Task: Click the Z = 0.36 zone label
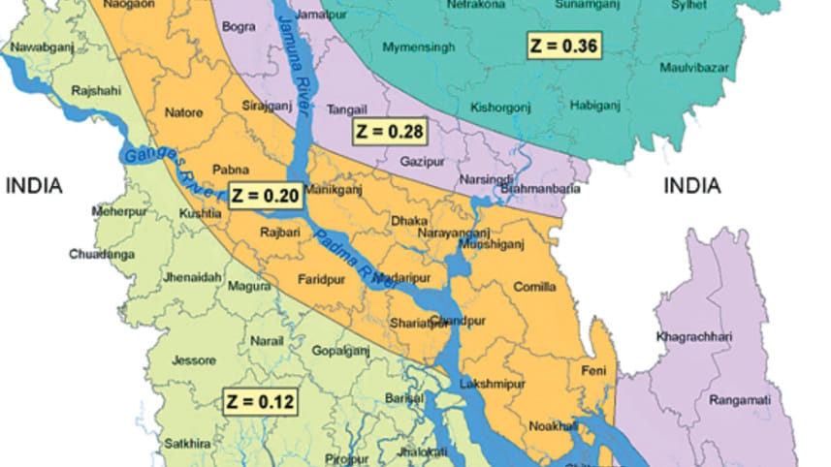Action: click(x=563, y=46)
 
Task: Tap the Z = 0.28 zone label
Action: click(x=389, y=129)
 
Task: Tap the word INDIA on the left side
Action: click(x=35, y=185)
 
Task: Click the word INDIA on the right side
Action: click(x=692, y=185)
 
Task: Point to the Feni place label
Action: click(x=592, y=371)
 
